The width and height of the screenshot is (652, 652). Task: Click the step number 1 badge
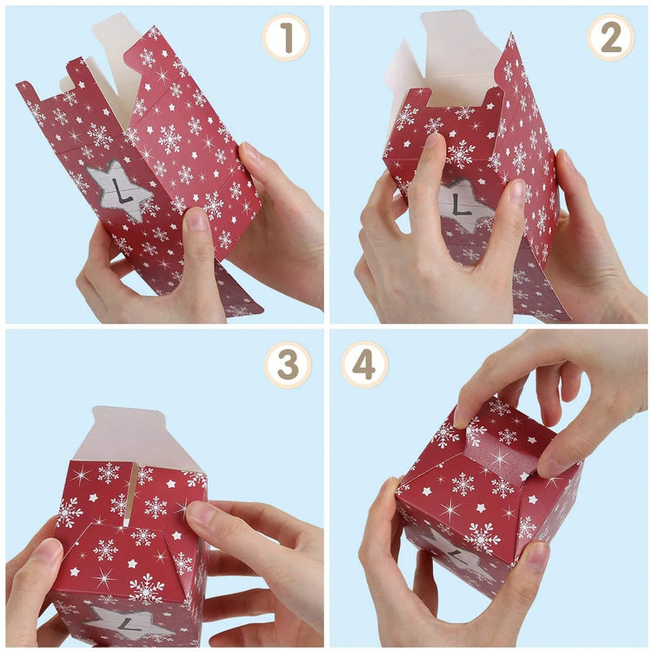[x=286, y=37]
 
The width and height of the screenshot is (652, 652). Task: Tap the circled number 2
[x=611, y=37]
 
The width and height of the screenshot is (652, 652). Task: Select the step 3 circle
[x=288, y=365]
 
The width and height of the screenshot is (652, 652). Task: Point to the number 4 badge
[x=364, y=364]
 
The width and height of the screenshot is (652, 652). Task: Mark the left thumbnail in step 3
[x=48, y=551]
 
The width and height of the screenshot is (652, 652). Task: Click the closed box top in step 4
[x=487, y=461]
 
